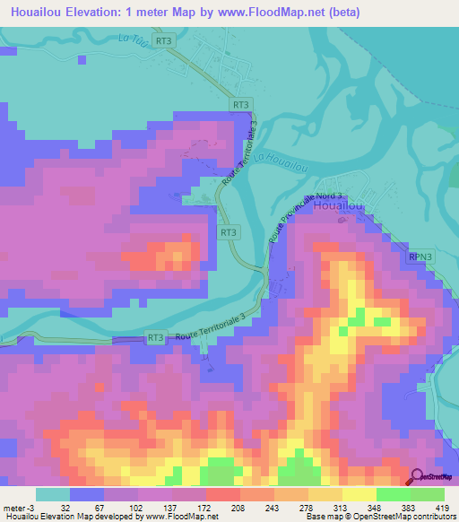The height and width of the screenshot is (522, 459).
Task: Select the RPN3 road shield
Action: tap(422, 257)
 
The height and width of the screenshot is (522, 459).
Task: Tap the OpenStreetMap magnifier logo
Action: tap(417, 477)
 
